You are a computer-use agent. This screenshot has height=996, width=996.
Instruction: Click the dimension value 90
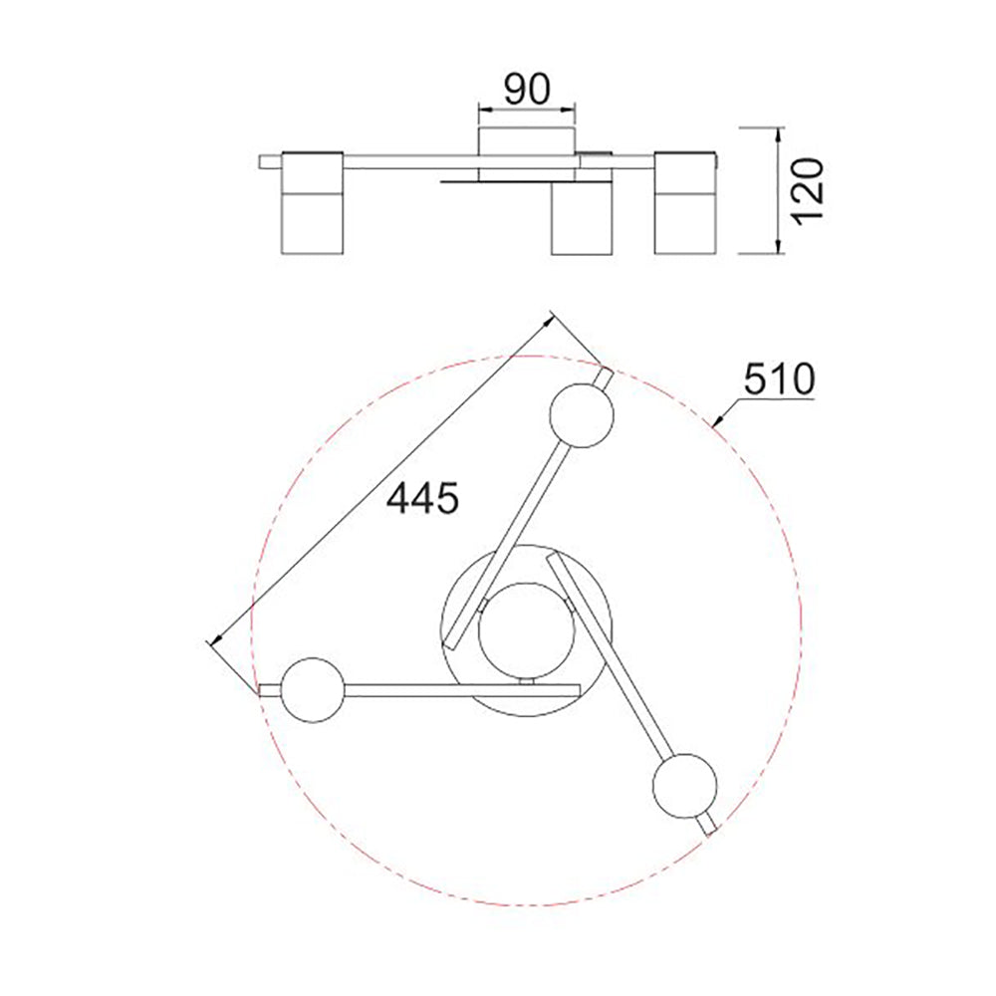pos(527,90)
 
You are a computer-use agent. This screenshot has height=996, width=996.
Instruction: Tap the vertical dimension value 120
pos(809,191)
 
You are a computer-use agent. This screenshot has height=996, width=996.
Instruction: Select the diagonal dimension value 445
pos(422,497)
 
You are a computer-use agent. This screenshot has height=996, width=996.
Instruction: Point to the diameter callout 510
pos(779,379)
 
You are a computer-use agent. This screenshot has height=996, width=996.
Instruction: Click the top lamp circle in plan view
pos(582,414)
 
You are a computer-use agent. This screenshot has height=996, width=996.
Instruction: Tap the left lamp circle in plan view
pos(313,690)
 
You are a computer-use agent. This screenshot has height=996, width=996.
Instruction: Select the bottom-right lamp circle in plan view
pos(685,787)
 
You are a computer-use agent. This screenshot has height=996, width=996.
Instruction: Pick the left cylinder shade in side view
pos(313,202)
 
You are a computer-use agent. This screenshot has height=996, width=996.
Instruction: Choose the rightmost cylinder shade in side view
pos(686,202)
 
